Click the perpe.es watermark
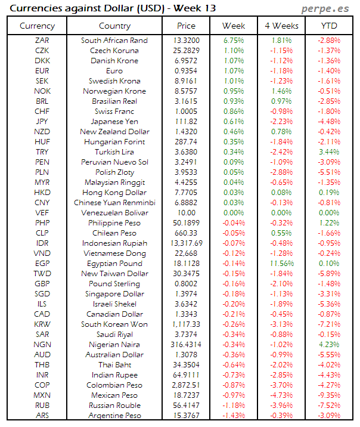[x=326, y=8]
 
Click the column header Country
[x=114, y=26]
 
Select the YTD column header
[x=329, y=26]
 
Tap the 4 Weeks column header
[x=281, y=26]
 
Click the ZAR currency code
[x=42, y=41]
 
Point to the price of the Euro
[x=186, y=71]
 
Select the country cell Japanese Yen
[x=114, y=122]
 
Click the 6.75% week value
[x=234, y=41]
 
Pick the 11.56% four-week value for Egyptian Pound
[x=281, y=264]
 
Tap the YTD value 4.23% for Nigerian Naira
[x=329, y=345]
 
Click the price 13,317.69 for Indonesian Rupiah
[x=186, y=243]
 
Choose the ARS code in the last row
[x=42, y=416]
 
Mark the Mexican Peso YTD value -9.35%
[x=329, y=395]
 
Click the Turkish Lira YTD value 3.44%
[x=329, y=152]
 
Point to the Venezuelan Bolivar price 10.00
[x=186, y=213]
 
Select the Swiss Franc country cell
[x=114, y=112]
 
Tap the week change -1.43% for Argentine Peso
[x=234, y=416]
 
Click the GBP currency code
[x=42, y=284]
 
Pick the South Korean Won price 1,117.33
[x=186, y=324]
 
